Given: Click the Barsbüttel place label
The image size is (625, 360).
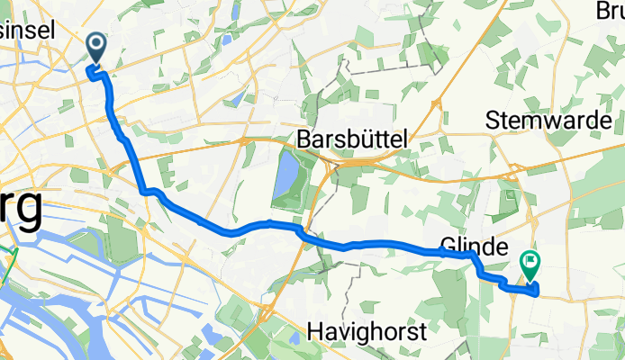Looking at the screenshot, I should point(352,139).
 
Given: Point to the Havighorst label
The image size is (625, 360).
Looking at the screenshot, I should point(365,332).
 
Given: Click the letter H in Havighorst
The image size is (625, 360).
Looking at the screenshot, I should point(314,332).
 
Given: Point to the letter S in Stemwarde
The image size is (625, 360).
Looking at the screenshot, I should point(493,119).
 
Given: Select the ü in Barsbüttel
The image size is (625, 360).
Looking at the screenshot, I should point(373,139).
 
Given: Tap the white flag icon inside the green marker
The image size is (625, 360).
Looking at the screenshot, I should point(530,262).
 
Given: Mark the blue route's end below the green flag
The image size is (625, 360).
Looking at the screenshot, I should point(537,290).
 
